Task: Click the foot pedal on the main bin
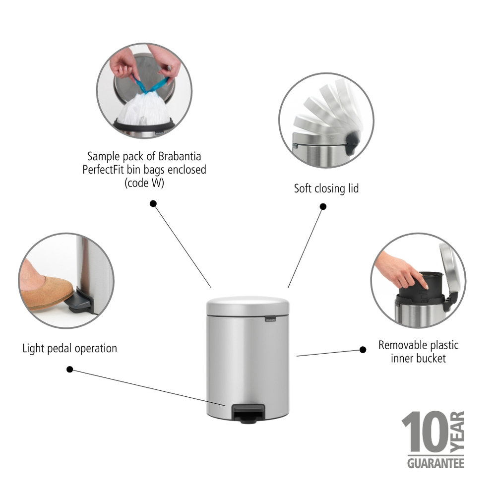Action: [x=248, y=413]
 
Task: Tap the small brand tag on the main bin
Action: [x=270, y=319]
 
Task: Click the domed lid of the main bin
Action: [x=248, y=306]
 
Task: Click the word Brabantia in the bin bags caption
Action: [x=180, y=156]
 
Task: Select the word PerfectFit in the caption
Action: [x=103, y=170]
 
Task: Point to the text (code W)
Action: [x=144, y=183]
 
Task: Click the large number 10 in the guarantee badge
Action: [x=425, y=432]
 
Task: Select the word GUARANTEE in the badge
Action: [x=435, y=463]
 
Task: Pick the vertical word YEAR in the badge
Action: [x=457, y=432]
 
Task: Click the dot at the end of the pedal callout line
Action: [x=70, y=370]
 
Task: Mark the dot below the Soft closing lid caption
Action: [x=323, y=206]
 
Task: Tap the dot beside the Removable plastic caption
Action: [x=363, y=350]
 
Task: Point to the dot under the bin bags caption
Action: [x=153, y=204]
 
